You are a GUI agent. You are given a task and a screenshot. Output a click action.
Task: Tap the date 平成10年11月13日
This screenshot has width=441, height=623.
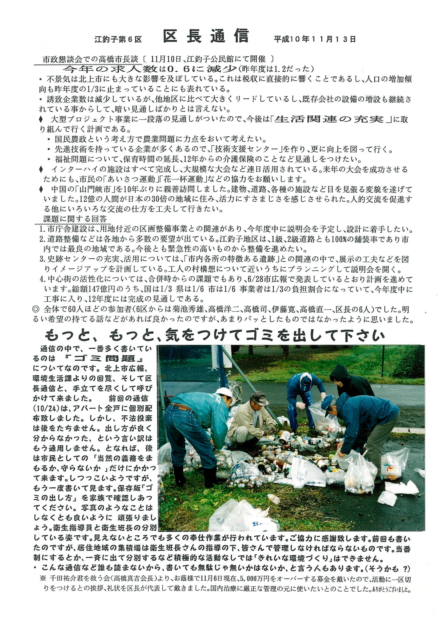pos(315,39)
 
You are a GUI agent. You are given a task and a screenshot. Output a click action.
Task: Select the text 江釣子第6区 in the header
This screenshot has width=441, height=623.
pos(118,40)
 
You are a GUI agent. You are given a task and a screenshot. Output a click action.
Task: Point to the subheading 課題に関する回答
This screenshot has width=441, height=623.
pos(75,219)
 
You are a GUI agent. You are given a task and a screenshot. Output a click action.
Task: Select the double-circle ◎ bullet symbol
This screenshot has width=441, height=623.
pos(36,309)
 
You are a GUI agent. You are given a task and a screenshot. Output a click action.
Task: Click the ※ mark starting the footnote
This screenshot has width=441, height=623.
pos(43,579)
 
